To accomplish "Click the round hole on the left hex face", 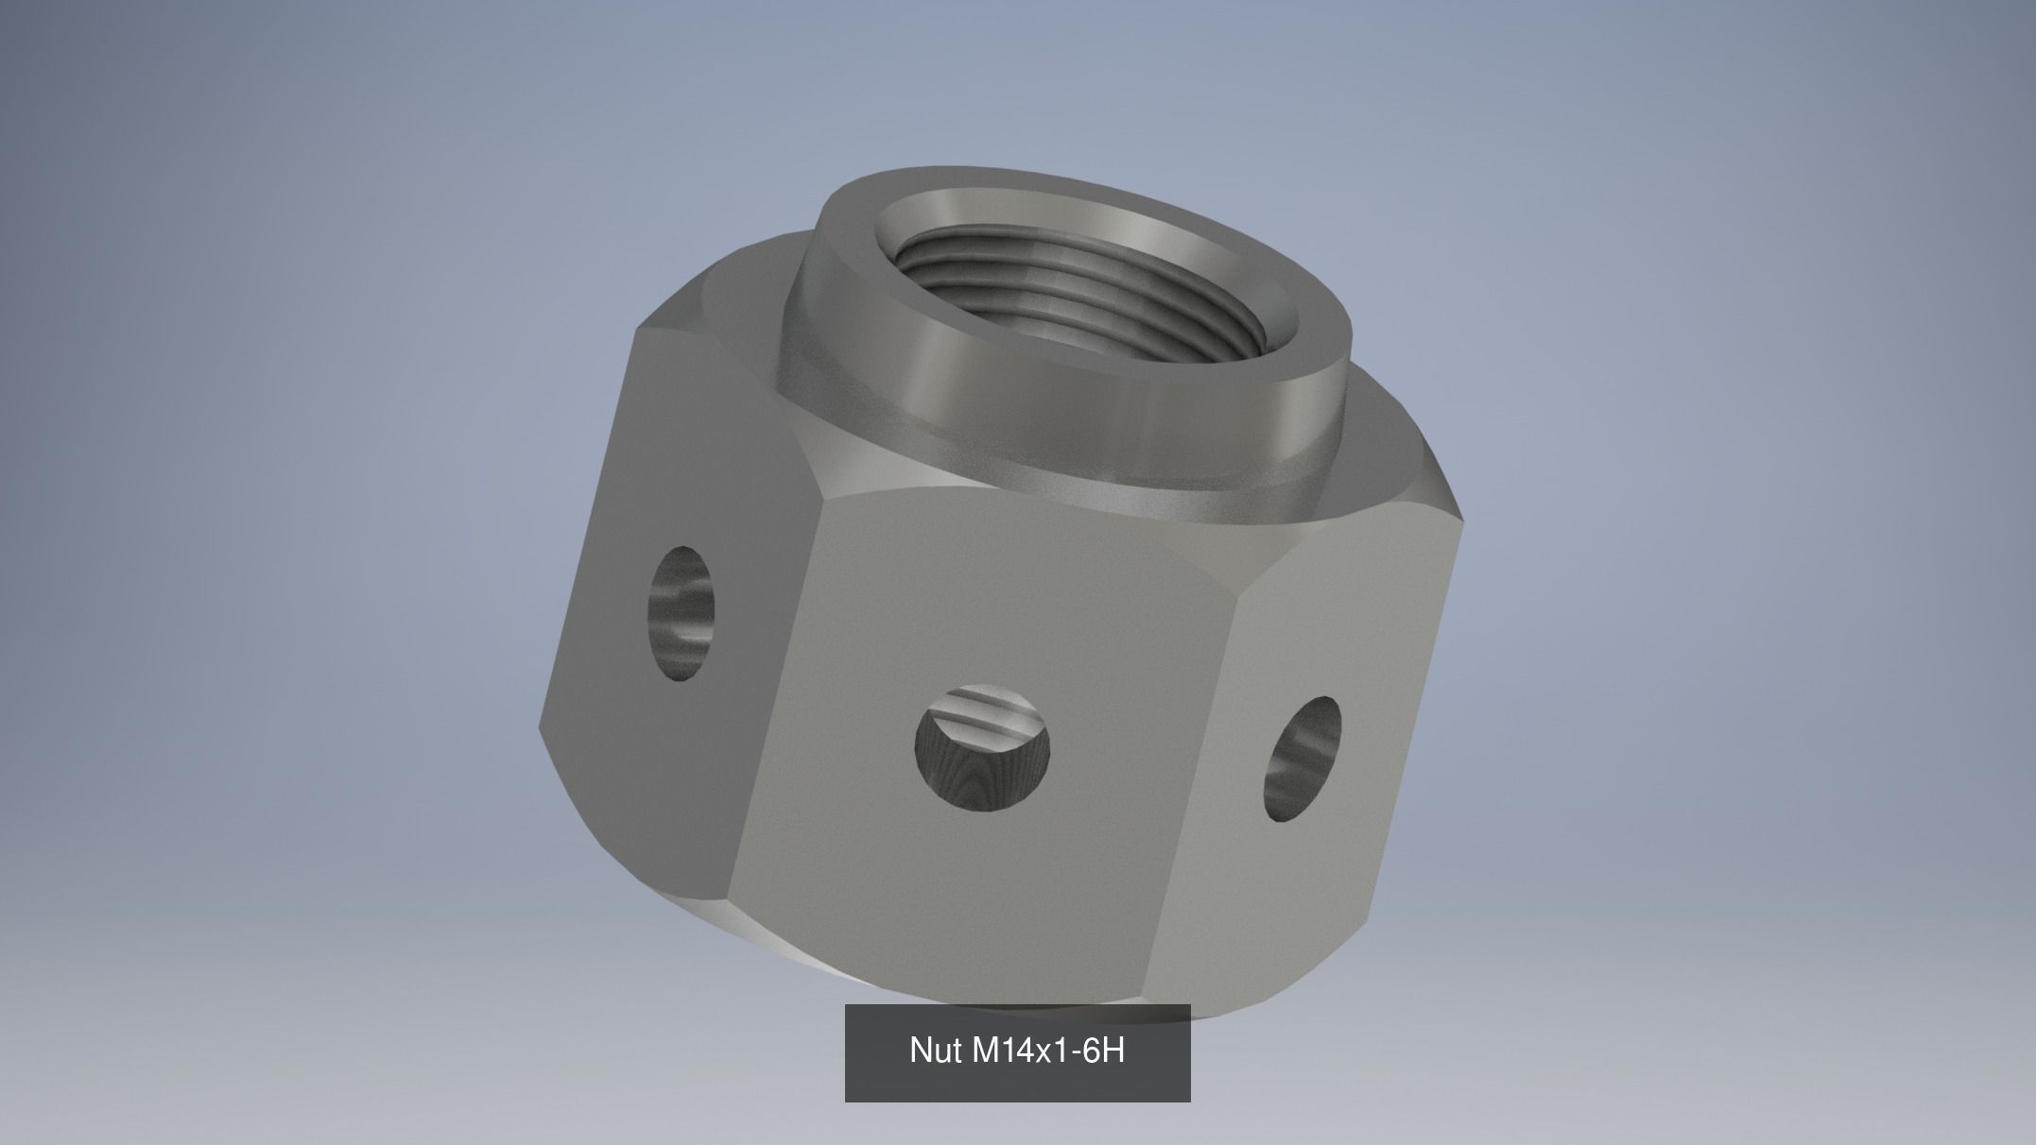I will coord(681,612).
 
